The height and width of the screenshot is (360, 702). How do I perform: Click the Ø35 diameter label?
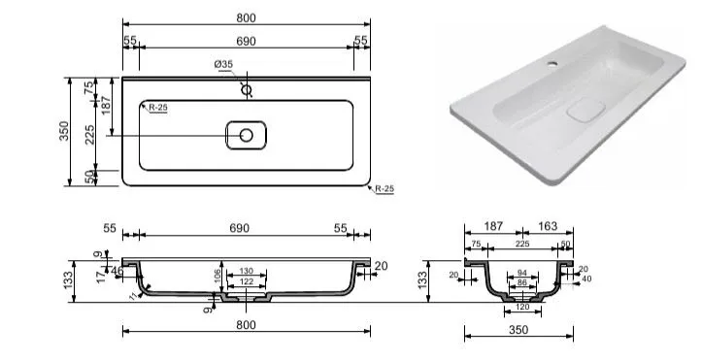[223, 64]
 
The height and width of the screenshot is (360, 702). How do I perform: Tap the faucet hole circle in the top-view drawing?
[247, 90]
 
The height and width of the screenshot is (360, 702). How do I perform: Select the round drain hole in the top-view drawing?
[247, 135]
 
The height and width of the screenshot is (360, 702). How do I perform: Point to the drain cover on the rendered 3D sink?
[586, 110]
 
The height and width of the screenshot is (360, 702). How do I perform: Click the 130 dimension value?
[247, 271]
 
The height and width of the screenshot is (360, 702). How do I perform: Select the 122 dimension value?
[247, 281]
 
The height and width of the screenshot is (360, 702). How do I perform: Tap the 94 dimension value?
[522, 273]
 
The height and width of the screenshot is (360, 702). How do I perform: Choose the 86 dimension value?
[522, 282]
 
